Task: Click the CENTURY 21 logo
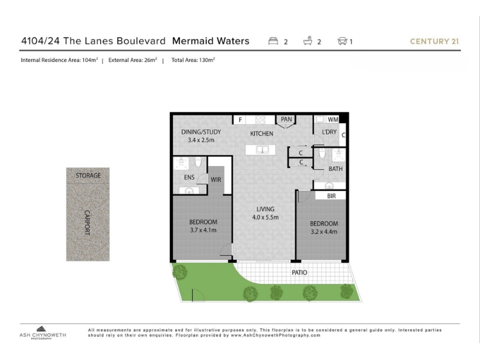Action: [434, 41]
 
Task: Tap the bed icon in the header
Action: [273, 41]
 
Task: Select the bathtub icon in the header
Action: [308, 41]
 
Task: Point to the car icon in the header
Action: [342, 41]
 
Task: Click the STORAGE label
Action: [88, 175]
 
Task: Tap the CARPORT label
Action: [87, 223]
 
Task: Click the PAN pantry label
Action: [286, 119]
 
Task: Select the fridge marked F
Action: [241, 119]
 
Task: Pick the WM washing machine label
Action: [333, 119]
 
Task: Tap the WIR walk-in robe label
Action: [216, 179]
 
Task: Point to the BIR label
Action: [331, 196]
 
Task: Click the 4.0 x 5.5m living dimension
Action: [265, 217]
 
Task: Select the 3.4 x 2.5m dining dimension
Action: [201, 140]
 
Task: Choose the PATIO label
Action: [299, 272]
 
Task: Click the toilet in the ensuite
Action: [198, 161]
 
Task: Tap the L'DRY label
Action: [329, 132]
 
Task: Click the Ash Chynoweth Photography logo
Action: [43, 332]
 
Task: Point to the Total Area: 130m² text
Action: [193, 60]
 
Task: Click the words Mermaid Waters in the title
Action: [211, 41]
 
